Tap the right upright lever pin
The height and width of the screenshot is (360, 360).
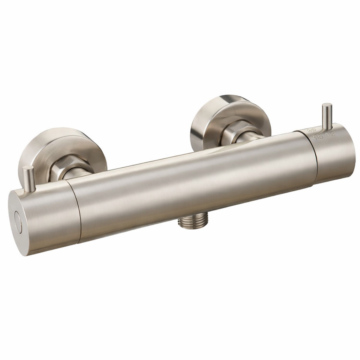click(x=327, y=117)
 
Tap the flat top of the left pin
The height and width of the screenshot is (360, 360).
click(x=28, y=168)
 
